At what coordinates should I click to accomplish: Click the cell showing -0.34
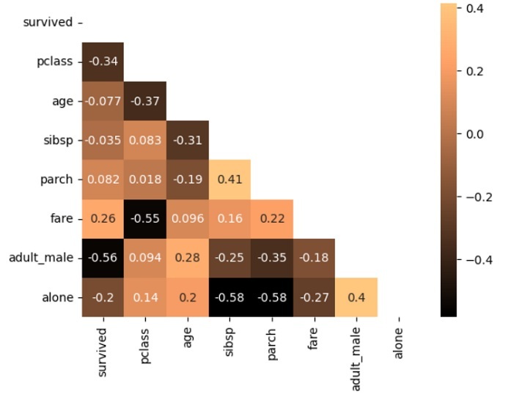(103, 62)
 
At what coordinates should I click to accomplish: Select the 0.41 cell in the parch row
(230, 179)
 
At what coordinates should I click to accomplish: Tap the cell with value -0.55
(145, 218)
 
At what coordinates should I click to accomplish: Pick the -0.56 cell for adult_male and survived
(103, 258)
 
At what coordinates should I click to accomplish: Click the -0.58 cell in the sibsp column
(230, 297)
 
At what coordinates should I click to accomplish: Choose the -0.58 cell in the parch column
(272, 297)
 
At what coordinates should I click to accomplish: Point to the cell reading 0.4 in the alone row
(356, 297)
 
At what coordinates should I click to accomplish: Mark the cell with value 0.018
(145, 179)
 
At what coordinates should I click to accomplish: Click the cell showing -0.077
(103, 101)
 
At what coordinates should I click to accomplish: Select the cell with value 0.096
(187, 218)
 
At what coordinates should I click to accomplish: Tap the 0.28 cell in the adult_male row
(187, 258)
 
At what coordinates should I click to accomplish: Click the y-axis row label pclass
(55, 62)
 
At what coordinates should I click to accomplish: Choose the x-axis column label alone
(399, 341)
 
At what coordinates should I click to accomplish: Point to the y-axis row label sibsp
(58, 140)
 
